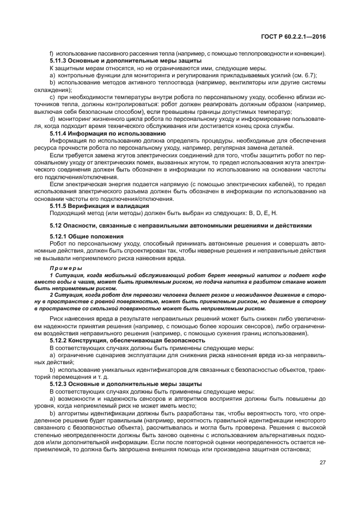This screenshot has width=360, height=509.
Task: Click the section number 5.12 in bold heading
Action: pyautogui.click(x=57, y=225)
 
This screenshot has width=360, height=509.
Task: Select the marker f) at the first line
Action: pyautogui.click(x=51, y=53)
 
